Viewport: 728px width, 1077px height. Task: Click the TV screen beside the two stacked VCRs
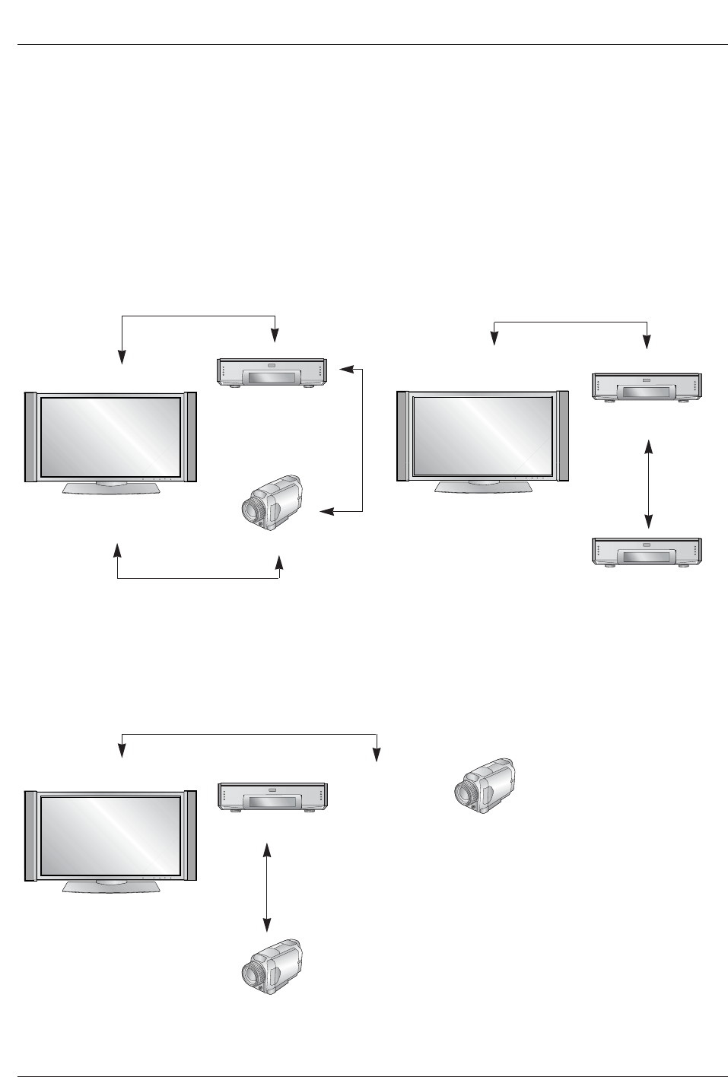click(x=482, y=434)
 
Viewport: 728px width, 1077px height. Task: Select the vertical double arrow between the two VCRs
click(x=647, y=483)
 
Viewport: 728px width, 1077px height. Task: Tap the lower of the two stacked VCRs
click(x=647, y=551)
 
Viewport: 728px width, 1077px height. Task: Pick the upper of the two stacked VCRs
click(x=647, y=386)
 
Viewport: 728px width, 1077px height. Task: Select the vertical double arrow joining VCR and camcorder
click(x=266, y=887)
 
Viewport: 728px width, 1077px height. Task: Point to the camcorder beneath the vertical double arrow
click(x=271, y=965)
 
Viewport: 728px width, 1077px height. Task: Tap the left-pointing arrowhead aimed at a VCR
click(x=344, y=369)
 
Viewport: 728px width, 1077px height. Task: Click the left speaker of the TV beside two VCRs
click(x=403, y=436)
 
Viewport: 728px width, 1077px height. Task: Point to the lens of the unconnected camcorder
click(x=463, y=794)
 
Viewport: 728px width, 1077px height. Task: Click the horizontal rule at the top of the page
click(x=364, y=44)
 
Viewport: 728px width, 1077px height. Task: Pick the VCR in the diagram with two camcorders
click(x=273, y=796)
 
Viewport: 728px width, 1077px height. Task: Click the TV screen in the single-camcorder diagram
click(x=110, y=437)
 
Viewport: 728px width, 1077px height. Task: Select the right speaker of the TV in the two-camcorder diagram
click(x=191, y=835)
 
